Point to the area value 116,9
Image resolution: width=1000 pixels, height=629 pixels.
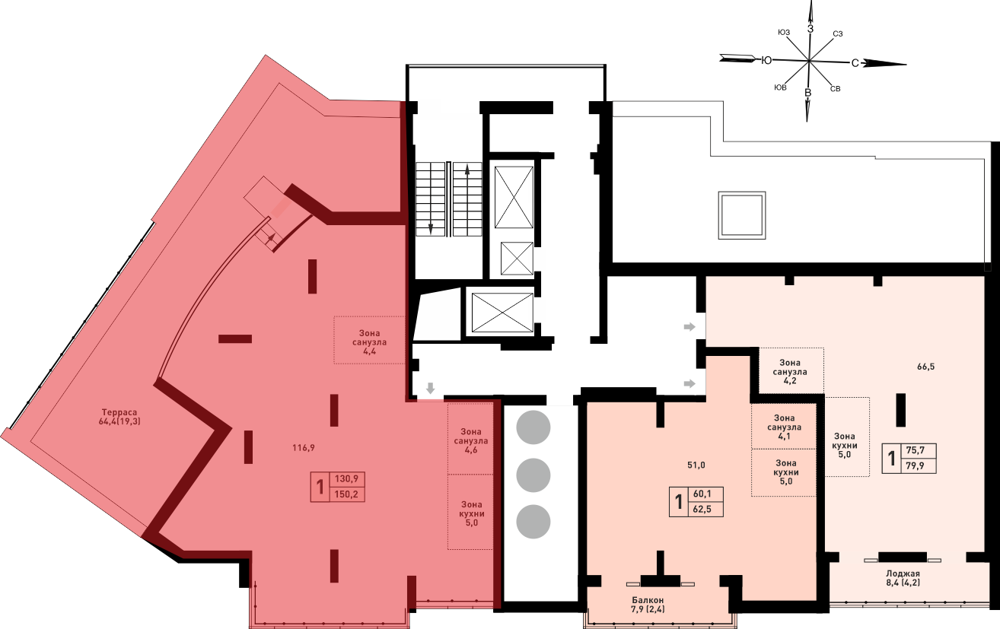[x=304, y=447]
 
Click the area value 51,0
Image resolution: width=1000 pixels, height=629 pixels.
[x=696, y=465]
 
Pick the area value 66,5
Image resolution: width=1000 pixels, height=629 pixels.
[x=926, y=367]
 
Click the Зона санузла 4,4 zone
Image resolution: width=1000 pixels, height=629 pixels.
[x=369, y=341]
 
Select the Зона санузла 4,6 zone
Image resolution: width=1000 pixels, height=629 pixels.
[x=471, y=439]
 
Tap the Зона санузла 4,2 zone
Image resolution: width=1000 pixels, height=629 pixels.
[x=791, y=371]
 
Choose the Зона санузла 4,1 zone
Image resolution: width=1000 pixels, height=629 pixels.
[x=784, y=426]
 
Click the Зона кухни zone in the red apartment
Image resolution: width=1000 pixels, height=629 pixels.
[x=471, y=512]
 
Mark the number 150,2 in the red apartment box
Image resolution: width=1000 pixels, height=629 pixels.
[x=346, y=494]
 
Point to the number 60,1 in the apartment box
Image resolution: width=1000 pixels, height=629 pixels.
[x=702, y=494]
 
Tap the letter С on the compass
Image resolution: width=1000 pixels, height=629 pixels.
[x=855, y=63]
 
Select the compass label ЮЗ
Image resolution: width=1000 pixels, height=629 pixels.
[x=784, y=32]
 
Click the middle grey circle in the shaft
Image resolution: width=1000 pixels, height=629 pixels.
[x=533, y=475]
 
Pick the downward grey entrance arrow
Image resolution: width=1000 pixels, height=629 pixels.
[x=430, y=388]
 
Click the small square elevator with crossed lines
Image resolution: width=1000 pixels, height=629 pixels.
[x=517, y=259]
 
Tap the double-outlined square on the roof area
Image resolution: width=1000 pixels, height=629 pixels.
[x=742, y=215]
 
